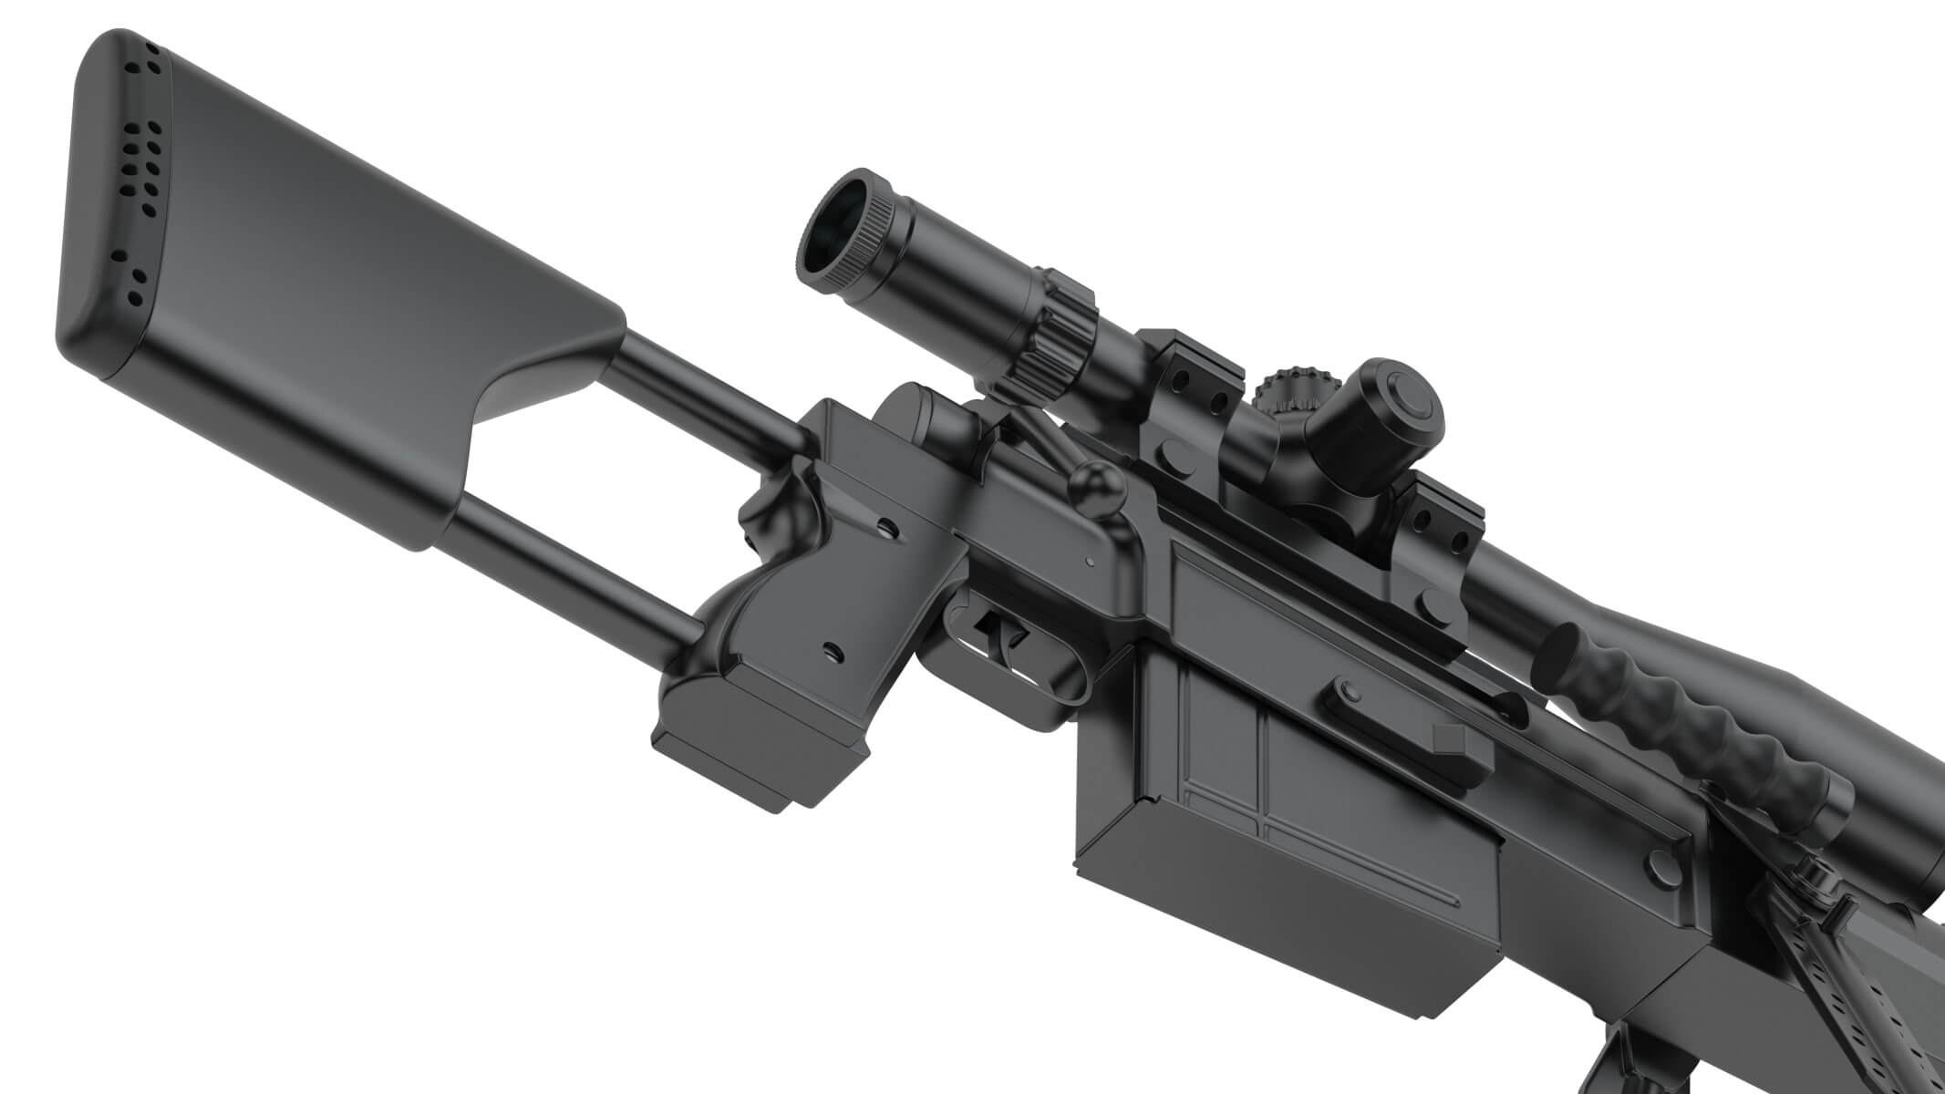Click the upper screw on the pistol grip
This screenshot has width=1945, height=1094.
884,526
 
